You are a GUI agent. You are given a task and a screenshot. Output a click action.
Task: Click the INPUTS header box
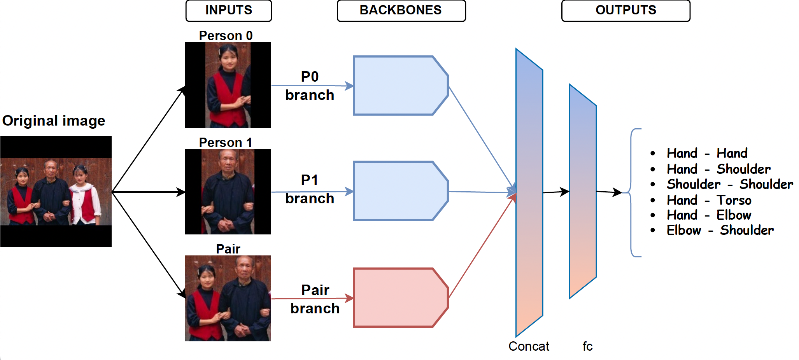pyautogui.click(x=229, y=10)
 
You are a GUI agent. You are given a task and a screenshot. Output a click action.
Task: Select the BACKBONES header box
pyautogui.click(x=401, y=10)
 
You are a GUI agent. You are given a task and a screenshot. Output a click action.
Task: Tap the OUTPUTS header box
pyautogui.click(x=626, y=10)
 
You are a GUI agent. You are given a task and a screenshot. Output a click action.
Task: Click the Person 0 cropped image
pyautogui.click(x=228, y=85)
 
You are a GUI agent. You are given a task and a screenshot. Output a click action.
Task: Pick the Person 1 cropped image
pyautogui.click(x=228, y=192)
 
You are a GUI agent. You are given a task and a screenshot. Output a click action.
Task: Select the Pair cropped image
pyautogui.click(x=228, y=298)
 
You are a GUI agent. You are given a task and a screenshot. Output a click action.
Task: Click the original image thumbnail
pyautogui.click(x=56, y=192)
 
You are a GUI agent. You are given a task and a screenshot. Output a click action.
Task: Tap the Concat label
pyautogui.click(x=529, y=346)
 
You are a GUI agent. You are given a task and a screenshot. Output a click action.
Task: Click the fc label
pyautogui.click(x=587, y=346)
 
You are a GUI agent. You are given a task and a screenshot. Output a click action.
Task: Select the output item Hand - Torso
pyautogui.click(x=709, y=200)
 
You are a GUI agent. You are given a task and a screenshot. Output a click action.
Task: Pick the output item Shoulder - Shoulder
pyautogui.click(x=730, y=184)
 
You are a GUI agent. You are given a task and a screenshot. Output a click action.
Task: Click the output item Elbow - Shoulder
pyautogui.click(x=720, y=230)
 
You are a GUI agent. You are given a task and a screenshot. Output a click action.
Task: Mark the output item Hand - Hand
pyautogui.click(x=707, y=153)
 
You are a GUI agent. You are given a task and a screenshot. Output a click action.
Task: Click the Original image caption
pyautogui.click(x=54, y=121)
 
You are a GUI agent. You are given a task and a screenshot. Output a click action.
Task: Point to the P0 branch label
pyautogui.click(x=310, y=86)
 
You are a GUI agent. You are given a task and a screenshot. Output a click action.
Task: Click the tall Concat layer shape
pyautogui.click(x=529, y=192)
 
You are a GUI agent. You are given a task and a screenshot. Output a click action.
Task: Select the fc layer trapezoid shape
pyautogui.click(x=583, y=191)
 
